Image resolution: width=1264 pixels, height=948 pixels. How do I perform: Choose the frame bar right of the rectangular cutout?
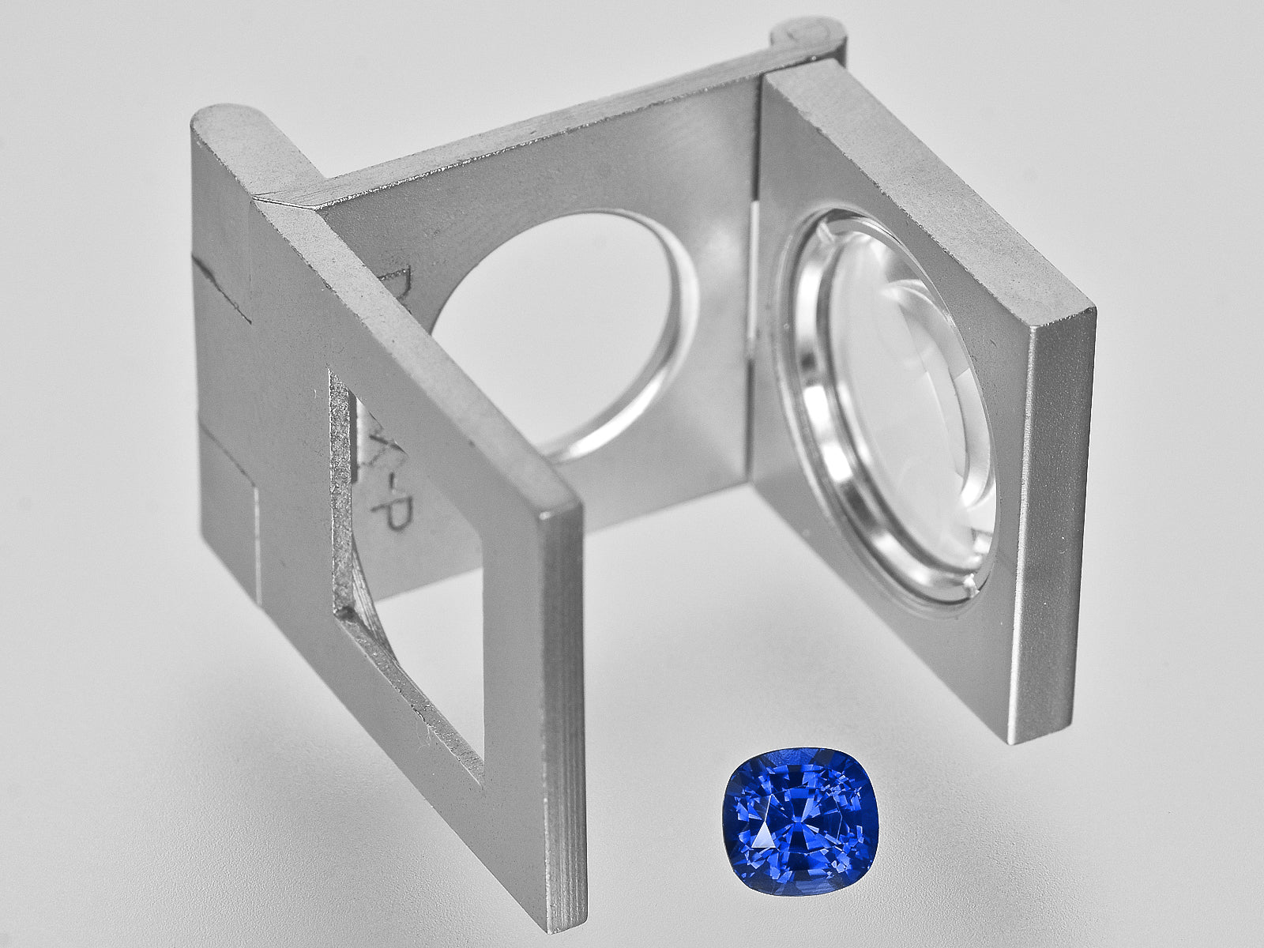coord(521,671)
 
